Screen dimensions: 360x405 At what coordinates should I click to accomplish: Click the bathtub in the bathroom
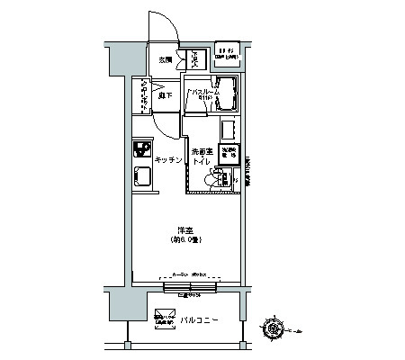coord(225,95)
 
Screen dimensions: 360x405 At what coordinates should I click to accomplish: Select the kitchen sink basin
coord(141,175)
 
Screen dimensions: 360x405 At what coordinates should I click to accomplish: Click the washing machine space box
coord(229,153)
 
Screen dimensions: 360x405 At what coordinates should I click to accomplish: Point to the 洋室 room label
coord(185,230)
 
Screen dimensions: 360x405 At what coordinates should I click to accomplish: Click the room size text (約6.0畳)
coord(185,240)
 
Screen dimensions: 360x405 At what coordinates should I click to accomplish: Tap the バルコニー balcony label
coord(201,319)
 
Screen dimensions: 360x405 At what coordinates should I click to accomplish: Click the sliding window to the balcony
coord(190,287)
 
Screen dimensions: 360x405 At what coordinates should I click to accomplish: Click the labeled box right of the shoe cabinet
coord(226,55)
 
